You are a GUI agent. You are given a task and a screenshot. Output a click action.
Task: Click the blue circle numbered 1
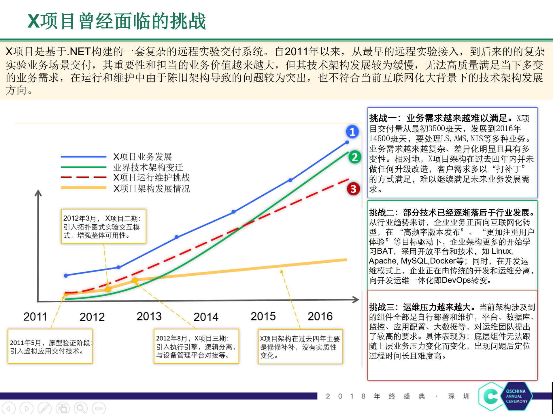tap(352, 132)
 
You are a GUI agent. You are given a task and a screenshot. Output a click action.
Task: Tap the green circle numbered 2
tap(355, 157)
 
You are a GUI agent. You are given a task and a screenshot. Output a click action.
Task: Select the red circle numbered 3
tap(353, 189)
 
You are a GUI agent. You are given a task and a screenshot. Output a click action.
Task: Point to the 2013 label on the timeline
tap(149, 316)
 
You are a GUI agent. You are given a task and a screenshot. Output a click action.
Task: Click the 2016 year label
tap(320, 316)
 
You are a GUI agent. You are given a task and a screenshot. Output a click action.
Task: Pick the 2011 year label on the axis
tap(35, 317)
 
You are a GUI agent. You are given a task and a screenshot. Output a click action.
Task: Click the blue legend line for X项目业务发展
tap(84, 157)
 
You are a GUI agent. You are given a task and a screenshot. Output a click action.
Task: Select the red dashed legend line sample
tap(84, 178)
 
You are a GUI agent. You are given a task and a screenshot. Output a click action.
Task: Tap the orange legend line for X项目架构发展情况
tap(84, 188)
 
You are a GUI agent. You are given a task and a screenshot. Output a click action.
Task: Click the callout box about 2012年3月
tap(103, 227)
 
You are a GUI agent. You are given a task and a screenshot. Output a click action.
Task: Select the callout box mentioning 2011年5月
tap(50, 346)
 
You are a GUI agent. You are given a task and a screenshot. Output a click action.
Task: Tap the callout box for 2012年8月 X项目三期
tap(196, 346)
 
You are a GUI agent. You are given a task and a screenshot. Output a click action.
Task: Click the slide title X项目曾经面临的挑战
tap(117, 21)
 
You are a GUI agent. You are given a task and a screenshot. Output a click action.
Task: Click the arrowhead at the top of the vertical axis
tap(38, 192)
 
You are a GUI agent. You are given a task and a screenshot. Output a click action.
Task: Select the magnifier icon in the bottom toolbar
tap(81, 408)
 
